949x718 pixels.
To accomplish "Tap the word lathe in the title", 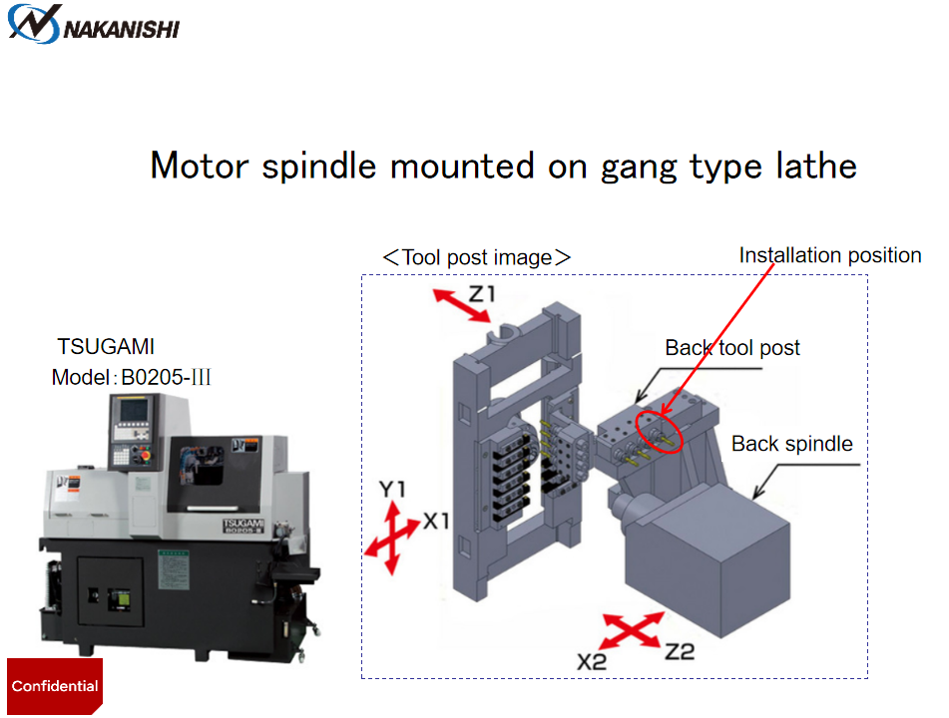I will point(812,166).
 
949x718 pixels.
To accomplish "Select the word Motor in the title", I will point(200,166).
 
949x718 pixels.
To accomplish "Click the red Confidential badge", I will point(55,686).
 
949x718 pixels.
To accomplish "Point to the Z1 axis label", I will point(482,295).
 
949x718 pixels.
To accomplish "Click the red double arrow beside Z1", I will point(460,305).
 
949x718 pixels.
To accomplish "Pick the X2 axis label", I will point(594,661).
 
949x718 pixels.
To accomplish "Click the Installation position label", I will point(830,256).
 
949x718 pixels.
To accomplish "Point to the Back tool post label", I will point(732,348).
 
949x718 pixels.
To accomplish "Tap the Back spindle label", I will point(792,444).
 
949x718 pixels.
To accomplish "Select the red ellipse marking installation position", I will point(658,428).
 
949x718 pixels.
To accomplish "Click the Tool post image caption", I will point(477,257).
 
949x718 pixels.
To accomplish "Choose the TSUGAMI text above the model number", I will point(107,348).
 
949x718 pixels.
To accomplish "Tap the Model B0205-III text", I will point(132,378).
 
